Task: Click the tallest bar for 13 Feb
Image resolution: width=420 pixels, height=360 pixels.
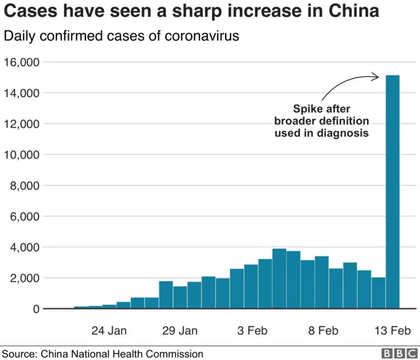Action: click(392, 191)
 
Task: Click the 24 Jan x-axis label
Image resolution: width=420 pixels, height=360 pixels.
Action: click(109, 330)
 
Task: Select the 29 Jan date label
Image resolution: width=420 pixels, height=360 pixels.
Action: click(180, 330)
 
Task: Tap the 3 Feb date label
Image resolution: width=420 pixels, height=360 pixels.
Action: click(251, 330)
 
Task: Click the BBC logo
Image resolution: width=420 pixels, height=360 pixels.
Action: click(396, 353)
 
